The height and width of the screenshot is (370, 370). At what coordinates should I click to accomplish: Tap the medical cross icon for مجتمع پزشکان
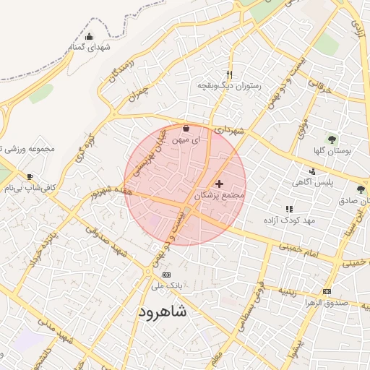click(219, 184)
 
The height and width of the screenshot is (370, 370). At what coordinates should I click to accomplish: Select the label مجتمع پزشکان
click(220, 196)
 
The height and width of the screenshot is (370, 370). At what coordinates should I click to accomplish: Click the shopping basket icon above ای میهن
click(186, 129)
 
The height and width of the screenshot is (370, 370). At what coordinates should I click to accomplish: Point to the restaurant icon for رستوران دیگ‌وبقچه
click(229, 74)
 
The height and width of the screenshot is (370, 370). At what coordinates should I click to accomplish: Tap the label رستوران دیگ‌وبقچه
click(229, 86)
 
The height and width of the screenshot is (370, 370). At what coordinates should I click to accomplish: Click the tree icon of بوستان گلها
click(332, 139)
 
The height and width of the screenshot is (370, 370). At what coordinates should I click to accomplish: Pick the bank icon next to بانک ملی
click(167, 275)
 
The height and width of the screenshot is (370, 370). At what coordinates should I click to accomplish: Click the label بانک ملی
click(167, 286)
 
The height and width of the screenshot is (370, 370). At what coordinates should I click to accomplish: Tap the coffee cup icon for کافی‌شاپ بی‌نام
click(30, 176)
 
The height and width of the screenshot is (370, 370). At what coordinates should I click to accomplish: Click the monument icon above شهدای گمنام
click(89, 36)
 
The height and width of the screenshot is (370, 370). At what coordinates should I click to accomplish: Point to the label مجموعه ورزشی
click(29, 150)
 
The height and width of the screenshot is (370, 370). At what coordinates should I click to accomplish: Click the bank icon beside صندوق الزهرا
click(327, 291)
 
